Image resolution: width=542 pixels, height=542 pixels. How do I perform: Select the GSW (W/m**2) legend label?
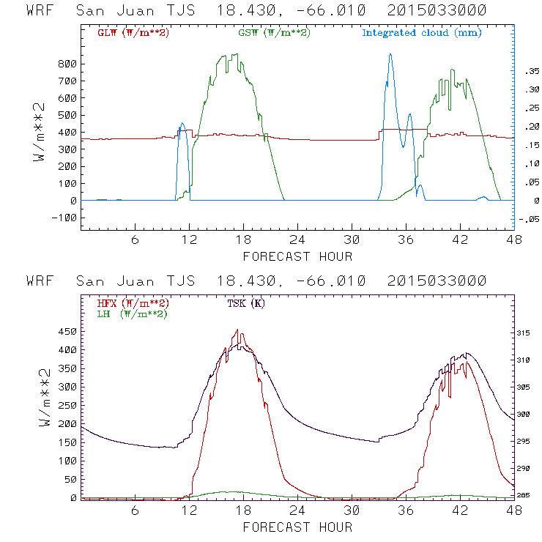[274, 32]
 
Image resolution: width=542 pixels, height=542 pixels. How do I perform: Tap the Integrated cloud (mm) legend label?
[422, 32]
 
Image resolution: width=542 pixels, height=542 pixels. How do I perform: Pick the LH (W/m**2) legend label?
[131, 313]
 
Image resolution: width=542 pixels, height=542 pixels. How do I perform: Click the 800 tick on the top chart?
[68, 64]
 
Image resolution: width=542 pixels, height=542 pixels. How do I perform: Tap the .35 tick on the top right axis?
[529, 71]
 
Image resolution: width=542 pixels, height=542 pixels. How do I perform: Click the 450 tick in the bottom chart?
[68, 330]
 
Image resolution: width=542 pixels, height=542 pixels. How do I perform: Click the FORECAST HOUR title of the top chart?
[297, 256]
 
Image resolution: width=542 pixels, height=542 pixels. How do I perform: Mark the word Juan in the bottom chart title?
[163, 281]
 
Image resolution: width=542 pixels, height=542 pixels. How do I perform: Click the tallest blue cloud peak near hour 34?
[390, 53]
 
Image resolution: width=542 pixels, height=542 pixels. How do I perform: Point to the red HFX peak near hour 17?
[237, 330]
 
